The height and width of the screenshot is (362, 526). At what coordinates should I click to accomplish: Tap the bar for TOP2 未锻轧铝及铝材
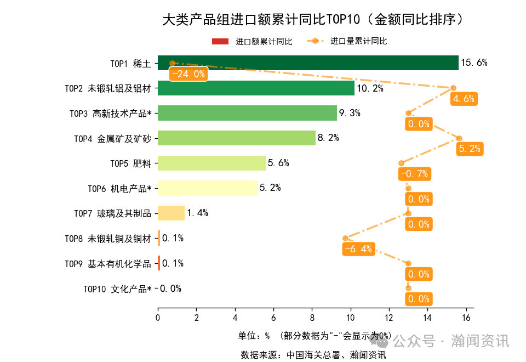256,88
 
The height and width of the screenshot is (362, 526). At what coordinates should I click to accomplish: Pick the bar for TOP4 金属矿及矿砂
237,138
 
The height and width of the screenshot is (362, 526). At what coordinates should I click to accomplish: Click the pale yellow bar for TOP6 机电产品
208,188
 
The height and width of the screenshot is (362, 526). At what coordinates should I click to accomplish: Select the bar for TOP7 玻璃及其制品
171,213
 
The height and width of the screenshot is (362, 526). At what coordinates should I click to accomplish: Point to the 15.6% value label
474,63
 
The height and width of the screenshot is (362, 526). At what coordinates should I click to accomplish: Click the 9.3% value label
350,113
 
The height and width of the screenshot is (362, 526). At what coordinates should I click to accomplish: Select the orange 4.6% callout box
464,99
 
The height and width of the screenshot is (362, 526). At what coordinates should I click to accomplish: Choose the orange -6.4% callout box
359,249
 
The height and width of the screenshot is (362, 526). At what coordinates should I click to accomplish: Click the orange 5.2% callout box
470,149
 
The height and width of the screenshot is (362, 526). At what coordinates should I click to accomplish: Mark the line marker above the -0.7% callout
401,163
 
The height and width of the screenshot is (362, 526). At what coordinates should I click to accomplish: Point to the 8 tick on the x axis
312,317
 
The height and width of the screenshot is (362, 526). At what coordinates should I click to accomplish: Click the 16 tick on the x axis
466,317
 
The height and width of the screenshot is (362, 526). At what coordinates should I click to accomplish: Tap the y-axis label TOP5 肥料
130,163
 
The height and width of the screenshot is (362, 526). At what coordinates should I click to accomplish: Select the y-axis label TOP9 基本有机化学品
107,264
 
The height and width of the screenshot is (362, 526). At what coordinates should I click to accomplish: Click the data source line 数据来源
313,355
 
